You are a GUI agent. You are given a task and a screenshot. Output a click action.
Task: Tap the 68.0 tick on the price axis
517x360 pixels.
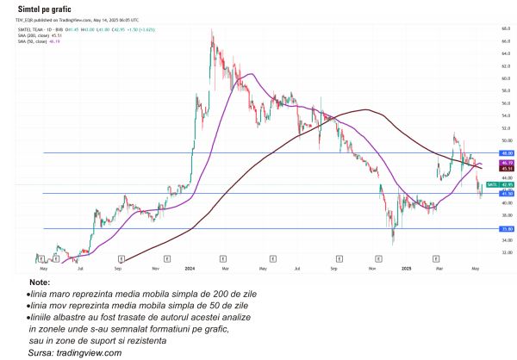pyautogui.click(x=495, y=28)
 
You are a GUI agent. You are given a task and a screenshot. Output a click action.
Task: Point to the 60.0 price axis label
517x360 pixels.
pyautogui.click(x=495, y=78)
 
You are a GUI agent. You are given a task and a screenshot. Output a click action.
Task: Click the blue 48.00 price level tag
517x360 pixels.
pyautogui.click(x=495, y=152)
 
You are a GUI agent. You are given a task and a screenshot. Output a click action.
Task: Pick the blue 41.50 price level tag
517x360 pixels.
pyautogui.click(x=495, y=194)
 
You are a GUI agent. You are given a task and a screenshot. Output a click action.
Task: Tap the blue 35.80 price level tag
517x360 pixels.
pyautogui.click(x=495, y=229)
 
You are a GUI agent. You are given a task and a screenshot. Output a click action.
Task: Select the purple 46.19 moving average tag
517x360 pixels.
pyautogui.click(x=495, y=162)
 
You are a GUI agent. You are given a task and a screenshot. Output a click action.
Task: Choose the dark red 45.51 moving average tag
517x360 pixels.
pyautogui.click(x=495, y=169)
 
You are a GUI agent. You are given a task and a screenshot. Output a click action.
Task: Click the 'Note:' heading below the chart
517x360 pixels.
pyautogui.click(x=40, y=282)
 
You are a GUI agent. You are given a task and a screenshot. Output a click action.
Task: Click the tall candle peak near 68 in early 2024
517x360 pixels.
pyautogui.click(x=212, y=31)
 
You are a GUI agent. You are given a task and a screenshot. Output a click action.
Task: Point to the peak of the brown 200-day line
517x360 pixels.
pyautogui.click(x=368, y=109)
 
